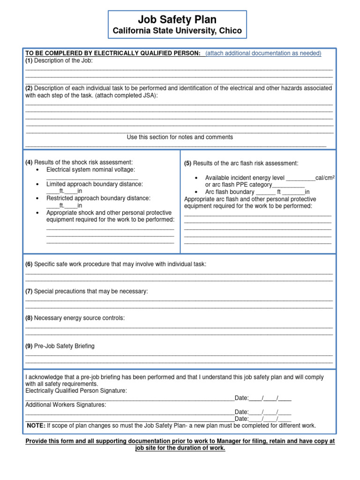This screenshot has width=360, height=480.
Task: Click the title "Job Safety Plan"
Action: pos(177,19)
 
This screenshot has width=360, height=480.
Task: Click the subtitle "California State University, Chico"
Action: pos(177,31)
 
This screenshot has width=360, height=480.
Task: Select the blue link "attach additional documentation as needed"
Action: pos(263,53)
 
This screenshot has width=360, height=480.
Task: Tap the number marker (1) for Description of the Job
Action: pos(29,60)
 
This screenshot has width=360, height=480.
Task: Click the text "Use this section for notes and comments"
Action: pos(180,137)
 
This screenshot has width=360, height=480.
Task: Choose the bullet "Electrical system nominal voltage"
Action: pos(90,170)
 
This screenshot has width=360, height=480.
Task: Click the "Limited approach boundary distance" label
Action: pos(95,184)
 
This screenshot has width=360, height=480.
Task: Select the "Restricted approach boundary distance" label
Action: pos(98,198)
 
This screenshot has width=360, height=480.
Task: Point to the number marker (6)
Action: pos(29,264)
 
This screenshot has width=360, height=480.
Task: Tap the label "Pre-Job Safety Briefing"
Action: pos(64,346)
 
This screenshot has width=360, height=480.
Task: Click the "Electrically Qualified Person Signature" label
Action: pos(76,390)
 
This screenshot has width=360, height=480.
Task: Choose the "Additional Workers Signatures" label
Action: pos(66,405)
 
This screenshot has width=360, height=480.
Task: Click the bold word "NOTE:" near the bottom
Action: pos(36,426)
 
